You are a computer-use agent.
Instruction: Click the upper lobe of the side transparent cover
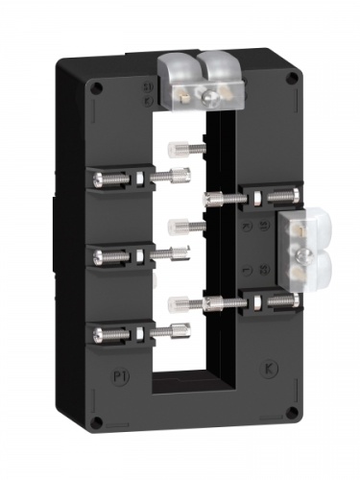[306, 228]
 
